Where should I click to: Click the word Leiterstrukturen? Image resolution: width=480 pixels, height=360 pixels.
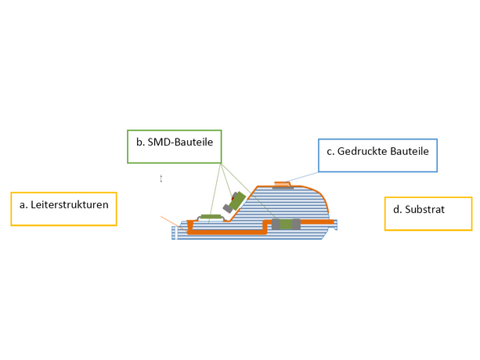click(70, 204)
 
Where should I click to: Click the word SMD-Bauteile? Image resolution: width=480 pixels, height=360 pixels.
click(180, 142)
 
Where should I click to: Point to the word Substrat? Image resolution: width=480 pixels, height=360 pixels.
click(424, 210)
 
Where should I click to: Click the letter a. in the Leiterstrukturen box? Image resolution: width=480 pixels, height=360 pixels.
click(23, 205)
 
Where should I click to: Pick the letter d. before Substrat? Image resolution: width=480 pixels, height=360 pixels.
click(397, 210)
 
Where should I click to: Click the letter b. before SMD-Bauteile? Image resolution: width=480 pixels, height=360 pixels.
click(140, 142)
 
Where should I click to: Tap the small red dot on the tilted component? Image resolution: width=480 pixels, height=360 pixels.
click(233, 198)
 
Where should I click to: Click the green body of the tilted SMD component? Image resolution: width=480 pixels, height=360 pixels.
click(237, 200)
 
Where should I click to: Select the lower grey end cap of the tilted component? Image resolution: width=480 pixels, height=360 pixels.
click(227, 209)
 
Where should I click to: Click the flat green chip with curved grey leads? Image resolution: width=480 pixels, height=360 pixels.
click(211, 217)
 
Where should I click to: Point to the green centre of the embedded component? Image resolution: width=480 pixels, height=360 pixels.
click(286, 224)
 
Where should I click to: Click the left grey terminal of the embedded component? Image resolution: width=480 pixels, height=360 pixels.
click(276, 224)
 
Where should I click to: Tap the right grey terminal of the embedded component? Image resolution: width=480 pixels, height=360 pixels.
click(296, 224)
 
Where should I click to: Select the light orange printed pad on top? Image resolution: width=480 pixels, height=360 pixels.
click(282, 184)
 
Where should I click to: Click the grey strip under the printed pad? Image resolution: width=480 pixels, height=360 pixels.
click(283, 188)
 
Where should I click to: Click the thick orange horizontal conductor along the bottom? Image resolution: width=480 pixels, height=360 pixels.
click(227, 232)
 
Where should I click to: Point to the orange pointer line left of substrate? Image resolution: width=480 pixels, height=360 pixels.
click(173, 223)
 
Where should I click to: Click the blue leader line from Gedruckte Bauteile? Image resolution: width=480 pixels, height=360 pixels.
click(301, 177)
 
